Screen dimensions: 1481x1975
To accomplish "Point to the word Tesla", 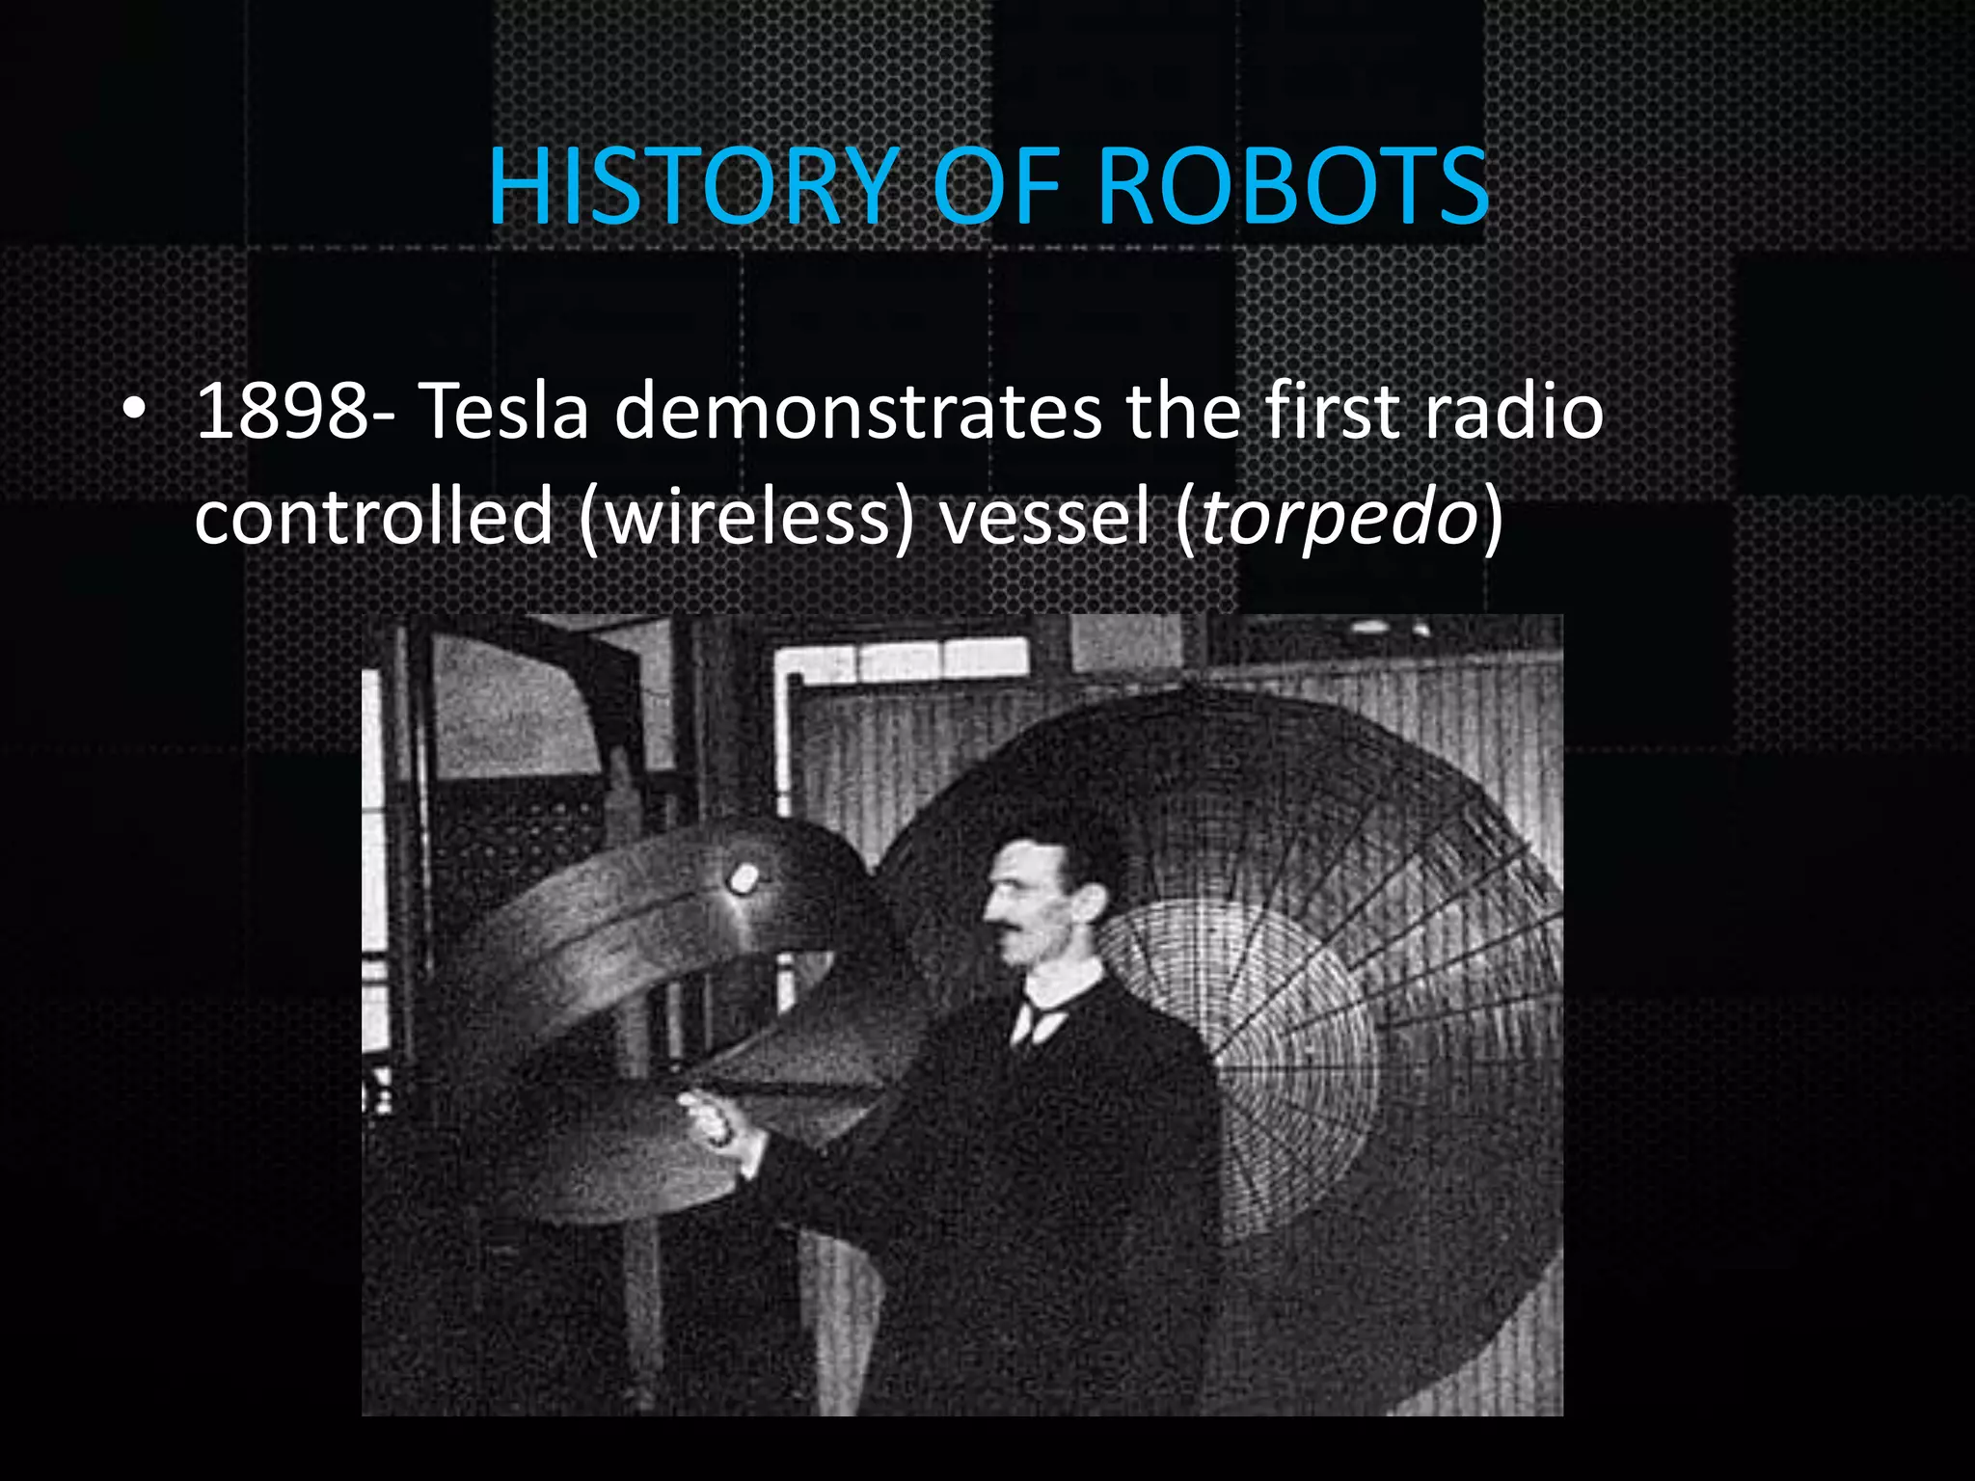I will [x=504, y=412].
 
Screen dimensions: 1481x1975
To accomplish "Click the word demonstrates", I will [x=857, y=412].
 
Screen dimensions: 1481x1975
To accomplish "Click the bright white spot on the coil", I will [x=744, y=877].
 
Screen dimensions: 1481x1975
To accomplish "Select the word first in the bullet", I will [x=1331, y=412].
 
